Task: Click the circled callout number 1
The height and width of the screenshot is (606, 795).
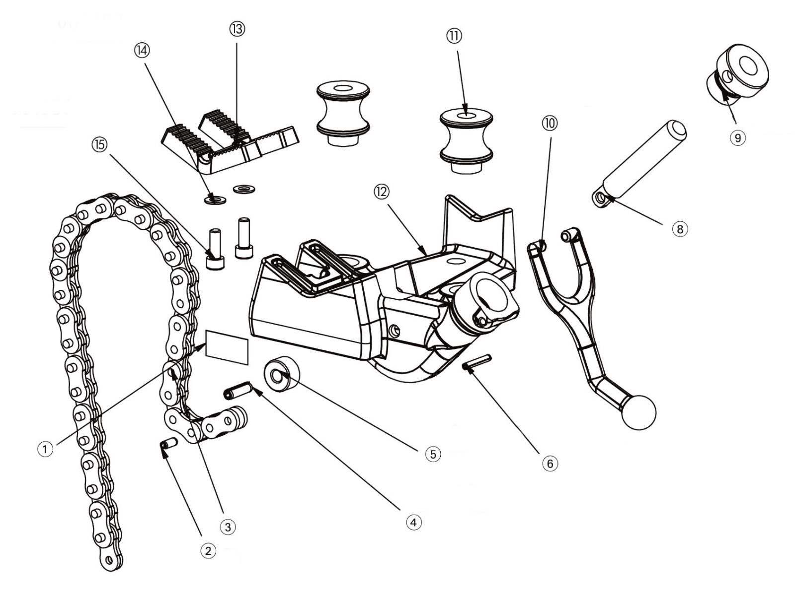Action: pos(45,450)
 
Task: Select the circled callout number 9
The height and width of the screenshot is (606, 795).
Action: pos(737,137)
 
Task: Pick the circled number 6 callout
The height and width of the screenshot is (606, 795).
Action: pos(550,464)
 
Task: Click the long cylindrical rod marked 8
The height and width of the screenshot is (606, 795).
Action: pos(641,160)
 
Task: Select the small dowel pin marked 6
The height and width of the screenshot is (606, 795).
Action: pos(477,361)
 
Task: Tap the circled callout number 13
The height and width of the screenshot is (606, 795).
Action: pos(237,29)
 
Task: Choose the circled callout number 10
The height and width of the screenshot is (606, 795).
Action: pos(550,123)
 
